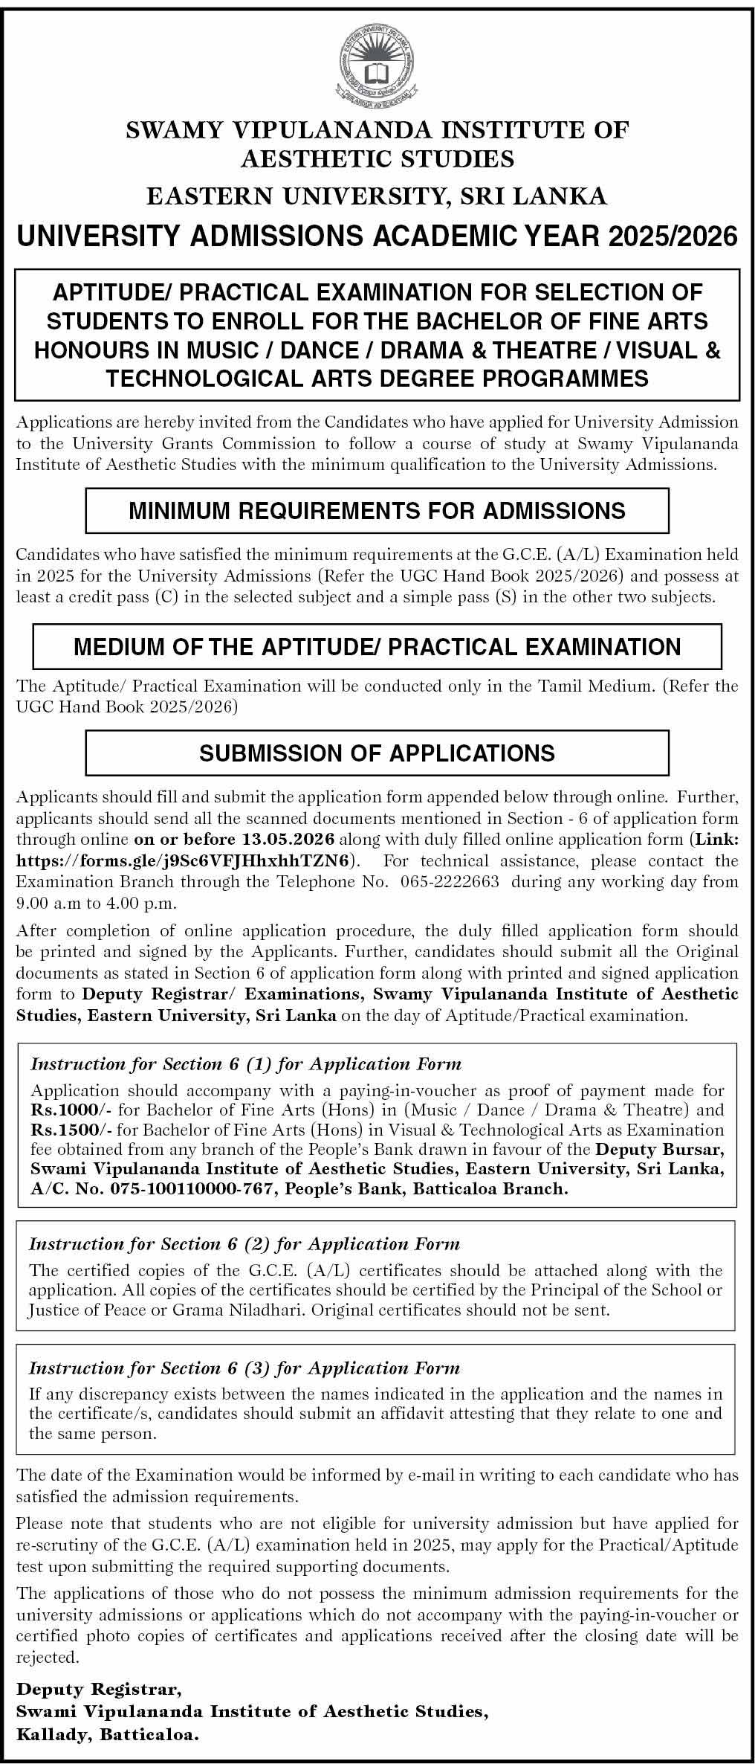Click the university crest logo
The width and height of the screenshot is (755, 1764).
click(377, 64)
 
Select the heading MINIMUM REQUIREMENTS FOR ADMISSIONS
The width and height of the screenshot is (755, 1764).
click(377, 510)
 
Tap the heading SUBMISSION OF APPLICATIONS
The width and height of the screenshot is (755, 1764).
click(377, 753)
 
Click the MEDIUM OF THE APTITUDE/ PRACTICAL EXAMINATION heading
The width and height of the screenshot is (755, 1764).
click(377, 646)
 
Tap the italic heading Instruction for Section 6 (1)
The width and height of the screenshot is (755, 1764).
click(246, 1064)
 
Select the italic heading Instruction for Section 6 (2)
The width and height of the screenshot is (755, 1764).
click(244, 1244)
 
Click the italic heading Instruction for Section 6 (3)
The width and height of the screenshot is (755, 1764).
click(244, 1368)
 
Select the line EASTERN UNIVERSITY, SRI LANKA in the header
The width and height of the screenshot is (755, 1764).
click(377, 196)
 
